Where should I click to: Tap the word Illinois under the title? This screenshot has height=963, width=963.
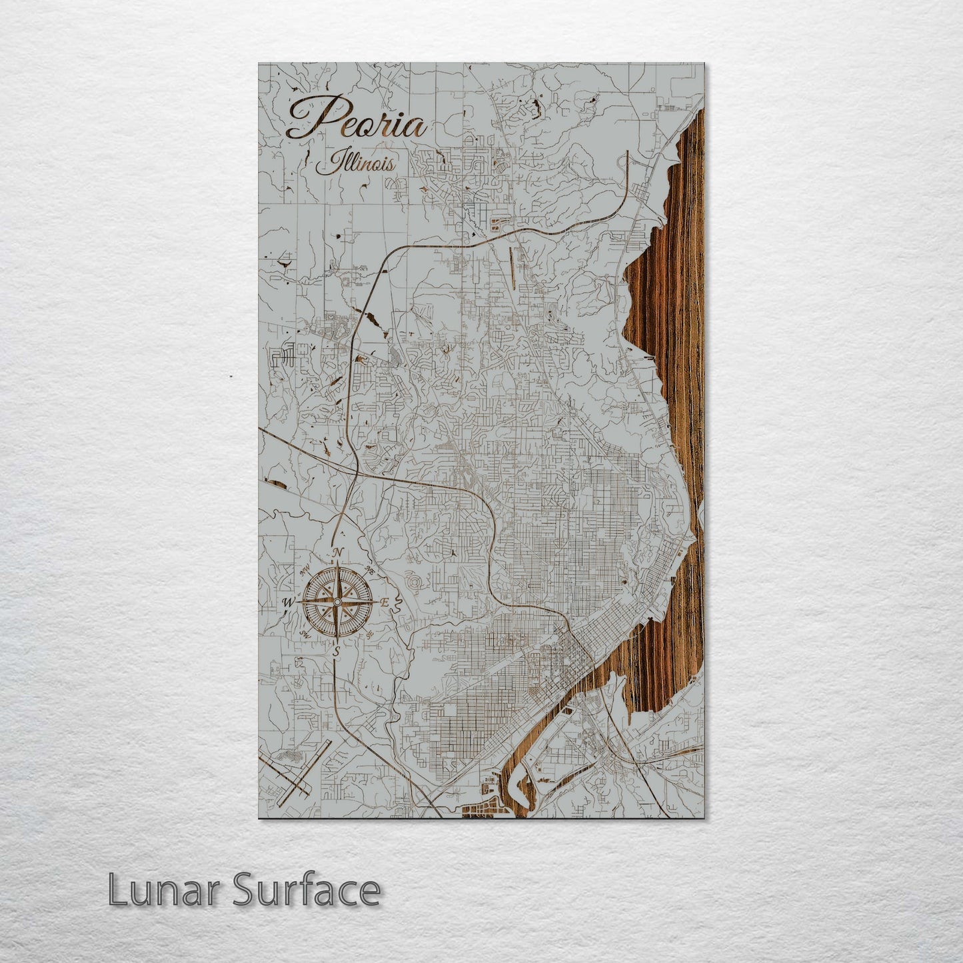coord(355,163)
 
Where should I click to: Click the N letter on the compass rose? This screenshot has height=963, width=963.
coord(339,552)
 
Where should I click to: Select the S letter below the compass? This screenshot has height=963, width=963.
coord(337,650)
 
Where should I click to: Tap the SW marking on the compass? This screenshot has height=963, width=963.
coord(305,633)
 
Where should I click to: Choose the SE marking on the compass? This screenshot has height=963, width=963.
coord(369,634)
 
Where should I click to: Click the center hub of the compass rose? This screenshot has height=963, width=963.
coord(337,602)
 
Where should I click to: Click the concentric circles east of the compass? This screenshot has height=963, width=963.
coord(416,584)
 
